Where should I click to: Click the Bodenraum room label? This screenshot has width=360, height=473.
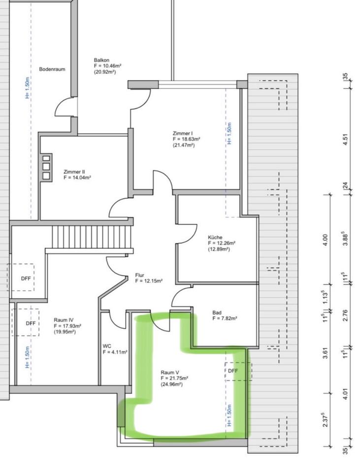pos(52,69)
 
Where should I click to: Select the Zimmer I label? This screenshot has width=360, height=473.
pos(183,134)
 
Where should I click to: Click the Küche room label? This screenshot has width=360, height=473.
pos(215,237)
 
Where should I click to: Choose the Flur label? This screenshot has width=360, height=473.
pos(139,275)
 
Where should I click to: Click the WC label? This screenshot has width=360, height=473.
pos(107,346)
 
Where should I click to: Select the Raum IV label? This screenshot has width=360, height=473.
pos(64,320)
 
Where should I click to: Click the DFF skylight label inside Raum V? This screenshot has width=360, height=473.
pos(233,371)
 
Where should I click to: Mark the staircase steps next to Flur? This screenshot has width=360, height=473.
pos(92,237)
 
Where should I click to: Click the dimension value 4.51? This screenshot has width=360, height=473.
pos(346,139)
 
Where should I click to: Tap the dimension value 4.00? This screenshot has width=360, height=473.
pos(325,240)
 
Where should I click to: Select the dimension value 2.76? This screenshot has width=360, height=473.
pos(346,315)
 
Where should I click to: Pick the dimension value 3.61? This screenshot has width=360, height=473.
pos(325,353)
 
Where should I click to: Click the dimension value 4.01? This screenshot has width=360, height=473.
pos(346,394)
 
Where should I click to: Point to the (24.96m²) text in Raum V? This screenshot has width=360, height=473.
pos(171,384)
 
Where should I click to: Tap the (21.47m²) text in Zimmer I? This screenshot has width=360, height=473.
pos(184,145)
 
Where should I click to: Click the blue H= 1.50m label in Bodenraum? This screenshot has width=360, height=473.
pos(27,88)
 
